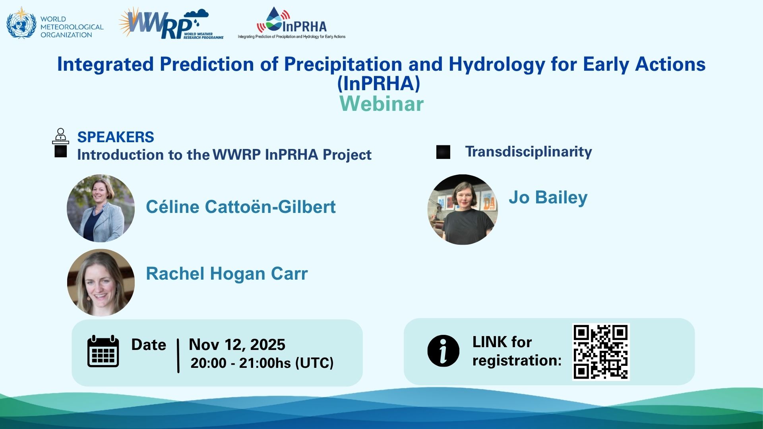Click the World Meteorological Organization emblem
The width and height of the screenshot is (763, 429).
(21, 23)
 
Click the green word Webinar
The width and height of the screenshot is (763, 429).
(381, 104)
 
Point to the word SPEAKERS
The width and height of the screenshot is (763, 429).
(116, 137)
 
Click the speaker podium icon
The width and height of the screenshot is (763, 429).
(60, 136)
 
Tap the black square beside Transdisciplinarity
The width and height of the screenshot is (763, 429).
(443, 152)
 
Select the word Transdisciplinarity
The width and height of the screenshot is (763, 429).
(529, 151)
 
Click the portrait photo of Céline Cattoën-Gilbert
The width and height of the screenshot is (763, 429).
(101, 208)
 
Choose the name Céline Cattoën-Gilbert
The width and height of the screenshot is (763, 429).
(241, 207)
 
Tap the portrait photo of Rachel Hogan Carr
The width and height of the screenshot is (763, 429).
(101, 283)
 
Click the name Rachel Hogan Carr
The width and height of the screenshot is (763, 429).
(227, 274)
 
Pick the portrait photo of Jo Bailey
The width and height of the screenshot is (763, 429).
(463, 209)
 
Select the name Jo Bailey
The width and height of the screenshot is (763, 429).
(548, 198)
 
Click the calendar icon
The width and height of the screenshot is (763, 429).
(103, 351)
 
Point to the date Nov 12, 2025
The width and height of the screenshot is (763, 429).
(237, 344)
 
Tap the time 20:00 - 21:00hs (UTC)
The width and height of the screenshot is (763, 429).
(262, 363)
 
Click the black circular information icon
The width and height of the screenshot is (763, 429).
(443, 351)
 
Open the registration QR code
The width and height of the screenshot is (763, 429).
(601, 352)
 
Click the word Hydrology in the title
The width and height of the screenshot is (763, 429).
(497, 65)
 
